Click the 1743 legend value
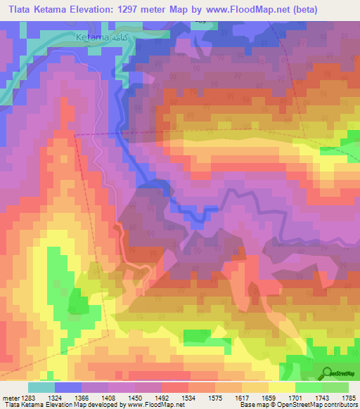tap(327, 397)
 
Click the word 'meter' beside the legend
tap(11, 397)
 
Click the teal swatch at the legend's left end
tap(41, 387)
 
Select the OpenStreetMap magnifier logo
tap(327, 372)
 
